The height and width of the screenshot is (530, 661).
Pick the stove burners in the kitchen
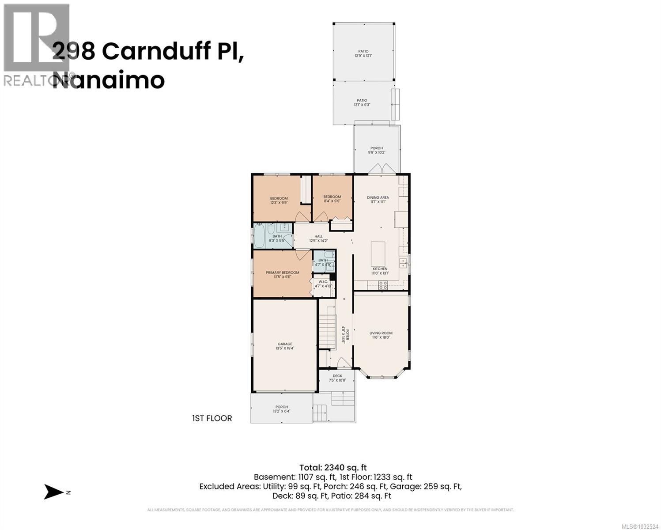click(383, 285)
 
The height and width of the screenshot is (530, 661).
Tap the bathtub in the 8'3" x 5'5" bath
click(258, 238)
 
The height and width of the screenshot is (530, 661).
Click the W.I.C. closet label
click(322, 284)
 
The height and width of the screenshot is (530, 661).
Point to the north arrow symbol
click(54, 492)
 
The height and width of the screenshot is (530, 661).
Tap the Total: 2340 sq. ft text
click(333, 467)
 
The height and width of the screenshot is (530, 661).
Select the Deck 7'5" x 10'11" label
click(337, 378)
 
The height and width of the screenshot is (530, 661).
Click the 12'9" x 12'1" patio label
click(363, 53)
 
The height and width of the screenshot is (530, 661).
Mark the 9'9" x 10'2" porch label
click(376, 150)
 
